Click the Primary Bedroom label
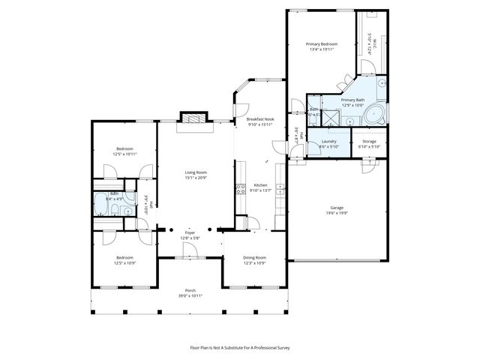coord(320,44)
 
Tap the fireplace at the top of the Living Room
coord(193,118)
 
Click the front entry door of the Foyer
coord(190,257)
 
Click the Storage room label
coord(369,141)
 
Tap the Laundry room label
coord(328,141)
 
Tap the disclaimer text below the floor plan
coord(239,347)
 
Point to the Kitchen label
coord(260,185)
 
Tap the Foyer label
coord(190,233)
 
